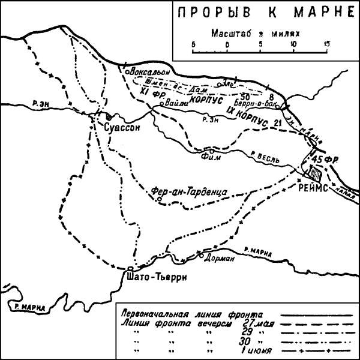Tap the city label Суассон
121,128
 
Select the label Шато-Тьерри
149,278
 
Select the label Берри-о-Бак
262,104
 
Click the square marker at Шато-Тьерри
130,269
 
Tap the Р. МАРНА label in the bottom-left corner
28,307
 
